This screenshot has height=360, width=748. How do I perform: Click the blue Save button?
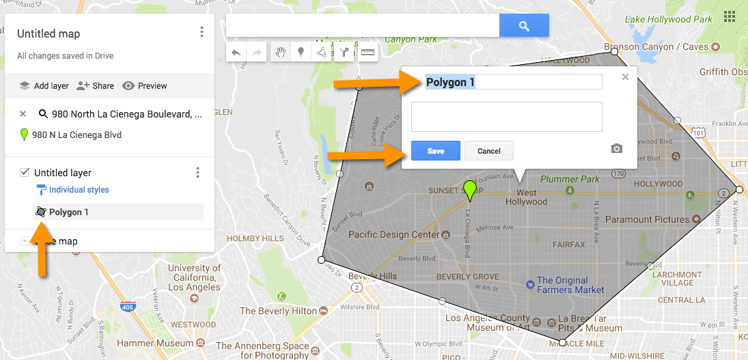[435, 151]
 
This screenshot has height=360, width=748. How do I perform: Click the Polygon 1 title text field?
[513, 82]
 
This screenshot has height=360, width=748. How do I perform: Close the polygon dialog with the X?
[625, 77]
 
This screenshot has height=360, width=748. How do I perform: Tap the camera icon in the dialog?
[617, 148]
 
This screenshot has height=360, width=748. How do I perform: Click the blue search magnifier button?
[524, 26]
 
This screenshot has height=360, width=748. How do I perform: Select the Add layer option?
[44, 86]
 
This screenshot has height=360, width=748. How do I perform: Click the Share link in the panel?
[96, 86]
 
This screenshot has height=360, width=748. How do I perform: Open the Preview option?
[145, 86]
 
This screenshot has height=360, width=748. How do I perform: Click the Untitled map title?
[49, 33]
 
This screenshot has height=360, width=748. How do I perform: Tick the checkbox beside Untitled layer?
[24, 173]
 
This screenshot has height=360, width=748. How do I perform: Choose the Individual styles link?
[79, 190]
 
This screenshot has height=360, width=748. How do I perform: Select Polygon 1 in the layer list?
[68, 212]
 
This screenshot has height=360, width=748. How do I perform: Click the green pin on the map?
[469, 189]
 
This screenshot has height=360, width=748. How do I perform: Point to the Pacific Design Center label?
[394, 234]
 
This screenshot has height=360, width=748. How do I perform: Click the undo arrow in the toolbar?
[236, 53]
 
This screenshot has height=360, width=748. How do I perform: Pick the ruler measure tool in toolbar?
[368, 53]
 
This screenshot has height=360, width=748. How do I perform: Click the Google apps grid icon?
[730, 16]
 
